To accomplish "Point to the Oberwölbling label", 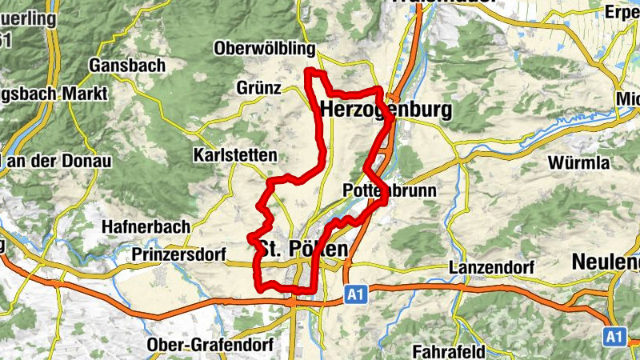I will tap(264, 49).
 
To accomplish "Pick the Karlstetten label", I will tap(235, 154).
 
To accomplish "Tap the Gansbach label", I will tap(128, 64).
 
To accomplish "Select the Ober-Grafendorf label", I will tap(198, 345).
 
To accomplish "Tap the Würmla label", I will tap(578, 163).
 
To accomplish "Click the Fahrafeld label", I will tap(450, 350).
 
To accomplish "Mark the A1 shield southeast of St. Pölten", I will tap(356, 295).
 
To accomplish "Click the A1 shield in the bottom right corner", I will tap(614, 336).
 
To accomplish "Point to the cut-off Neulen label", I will tap(606, 262).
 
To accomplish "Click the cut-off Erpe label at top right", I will tap(622, 12).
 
